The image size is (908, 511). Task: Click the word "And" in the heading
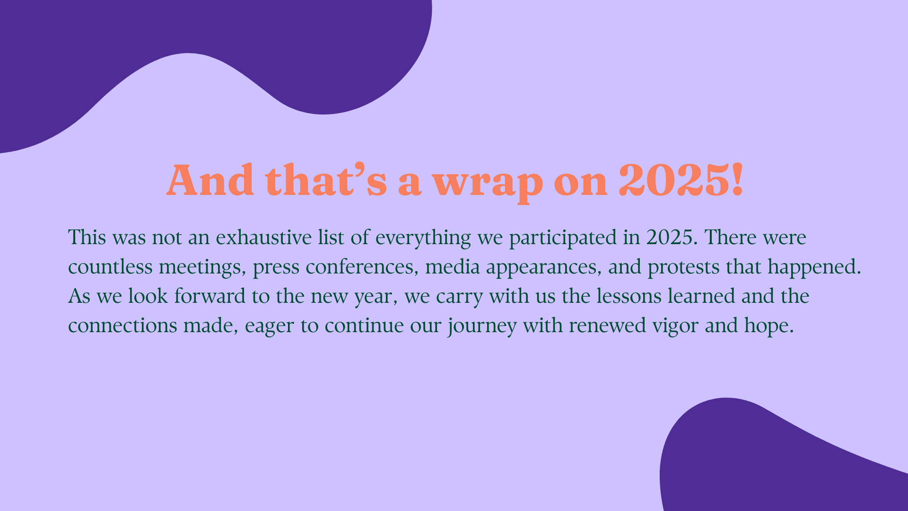pyautogui.click(x=210, y=180)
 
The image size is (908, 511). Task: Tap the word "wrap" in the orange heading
pyautogui.click(x=488, y=184)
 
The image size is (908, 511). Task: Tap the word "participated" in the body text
pyautogui.click(x=563, y=238)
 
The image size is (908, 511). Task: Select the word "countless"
pyautogui.click(x=110, y=267)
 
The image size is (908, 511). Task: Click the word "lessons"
pyautogui.click(x=629, y=296)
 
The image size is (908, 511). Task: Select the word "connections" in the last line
pyautogui.click(x=122, y=326)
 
